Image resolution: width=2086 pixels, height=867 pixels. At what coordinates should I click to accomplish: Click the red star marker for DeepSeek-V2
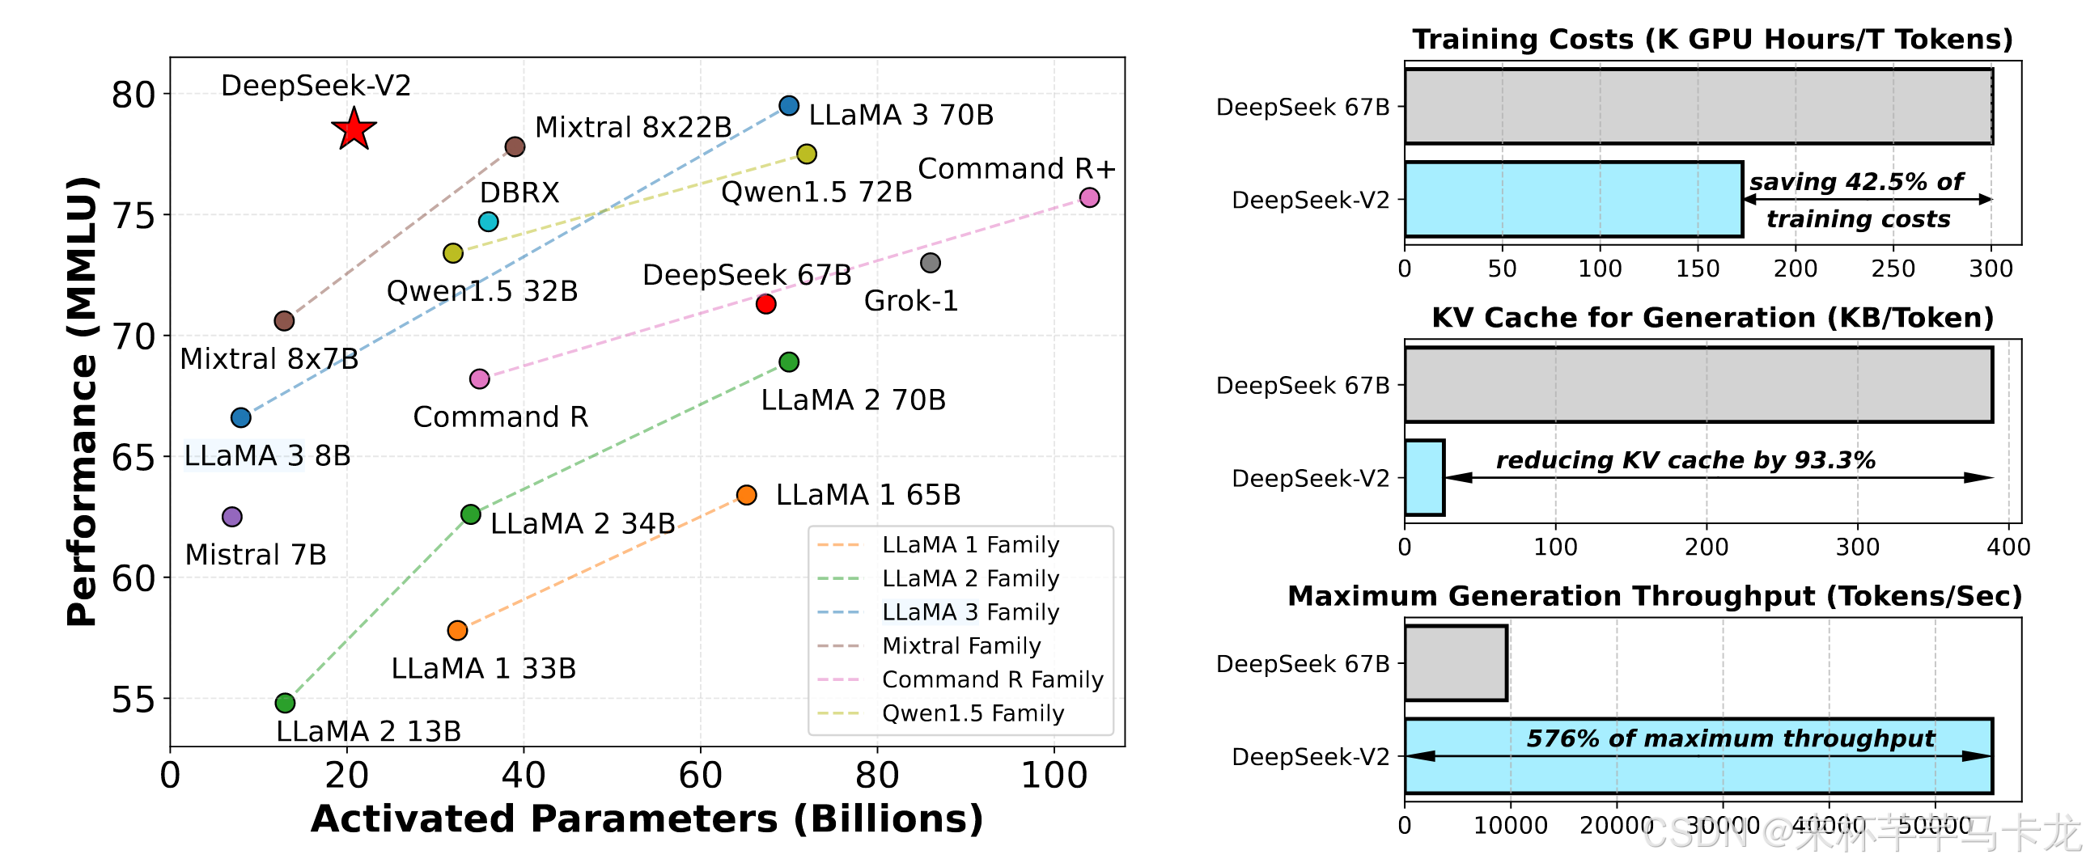(x=354, y=129)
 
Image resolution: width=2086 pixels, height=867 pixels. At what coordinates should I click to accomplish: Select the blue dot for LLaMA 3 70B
(x=789, y=105)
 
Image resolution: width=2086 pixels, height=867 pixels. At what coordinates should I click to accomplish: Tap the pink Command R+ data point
(x=1089, y=197)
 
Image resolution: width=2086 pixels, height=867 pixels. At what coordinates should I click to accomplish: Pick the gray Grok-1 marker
(x=931, y=262)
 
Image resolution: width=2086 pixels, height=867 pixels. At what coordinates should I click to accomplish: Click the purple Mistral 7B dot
(x=231, y=517)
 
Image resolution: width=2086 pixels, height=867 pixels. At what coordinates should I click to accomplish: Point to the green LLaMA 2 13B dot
(x=284, y=703)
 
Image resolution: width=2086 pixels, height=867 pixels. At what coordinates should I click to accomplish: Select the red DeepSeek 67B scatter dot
(x=765, y=303)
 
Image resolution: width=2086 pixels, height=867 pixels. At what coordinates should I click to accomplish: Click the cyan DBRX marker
(x=488, y=221)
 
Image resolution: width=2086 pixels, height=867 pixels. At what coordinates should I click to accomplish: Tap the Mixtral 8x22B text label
(x=634, y=127)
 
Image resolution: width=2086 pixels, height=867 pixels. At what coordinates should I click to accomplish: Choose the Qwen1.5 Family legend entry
(x=973, y=713)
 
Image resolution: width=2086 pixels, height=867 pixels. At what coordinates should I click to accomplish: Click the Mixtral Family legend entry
(x=961, y=646)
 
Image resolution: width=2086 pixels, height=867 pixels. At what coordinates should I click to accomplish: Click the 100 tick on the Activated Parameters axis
(x=1054, y=775)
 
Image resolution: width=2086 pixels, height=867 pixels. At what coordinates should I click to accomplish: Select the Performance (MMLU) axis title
(x=82, y=400)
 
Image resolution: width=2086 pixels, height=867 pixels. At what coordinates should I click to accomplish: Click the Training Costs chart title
(x=1712, y=39)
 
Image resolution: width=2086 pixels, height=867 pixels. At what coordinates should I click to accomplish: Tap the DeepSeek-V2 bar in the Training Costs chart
(x=1574, y=199)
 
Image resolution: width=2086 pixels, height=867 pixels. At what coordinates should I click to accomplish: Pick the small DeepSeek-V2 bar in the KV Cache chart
(x=1424, y=478)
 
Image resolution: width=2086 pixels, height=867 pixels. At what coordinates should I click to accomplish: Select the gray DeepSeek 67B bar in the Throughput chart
(x=1456, y=663)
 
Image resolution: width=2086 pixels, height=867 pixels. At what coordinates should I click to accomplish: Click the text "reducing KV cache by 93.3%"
(x=1685, y=460)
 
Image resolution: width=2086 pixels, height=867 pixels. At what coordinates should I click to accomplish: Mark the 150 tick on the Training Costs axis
(x=1698, y=269)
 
